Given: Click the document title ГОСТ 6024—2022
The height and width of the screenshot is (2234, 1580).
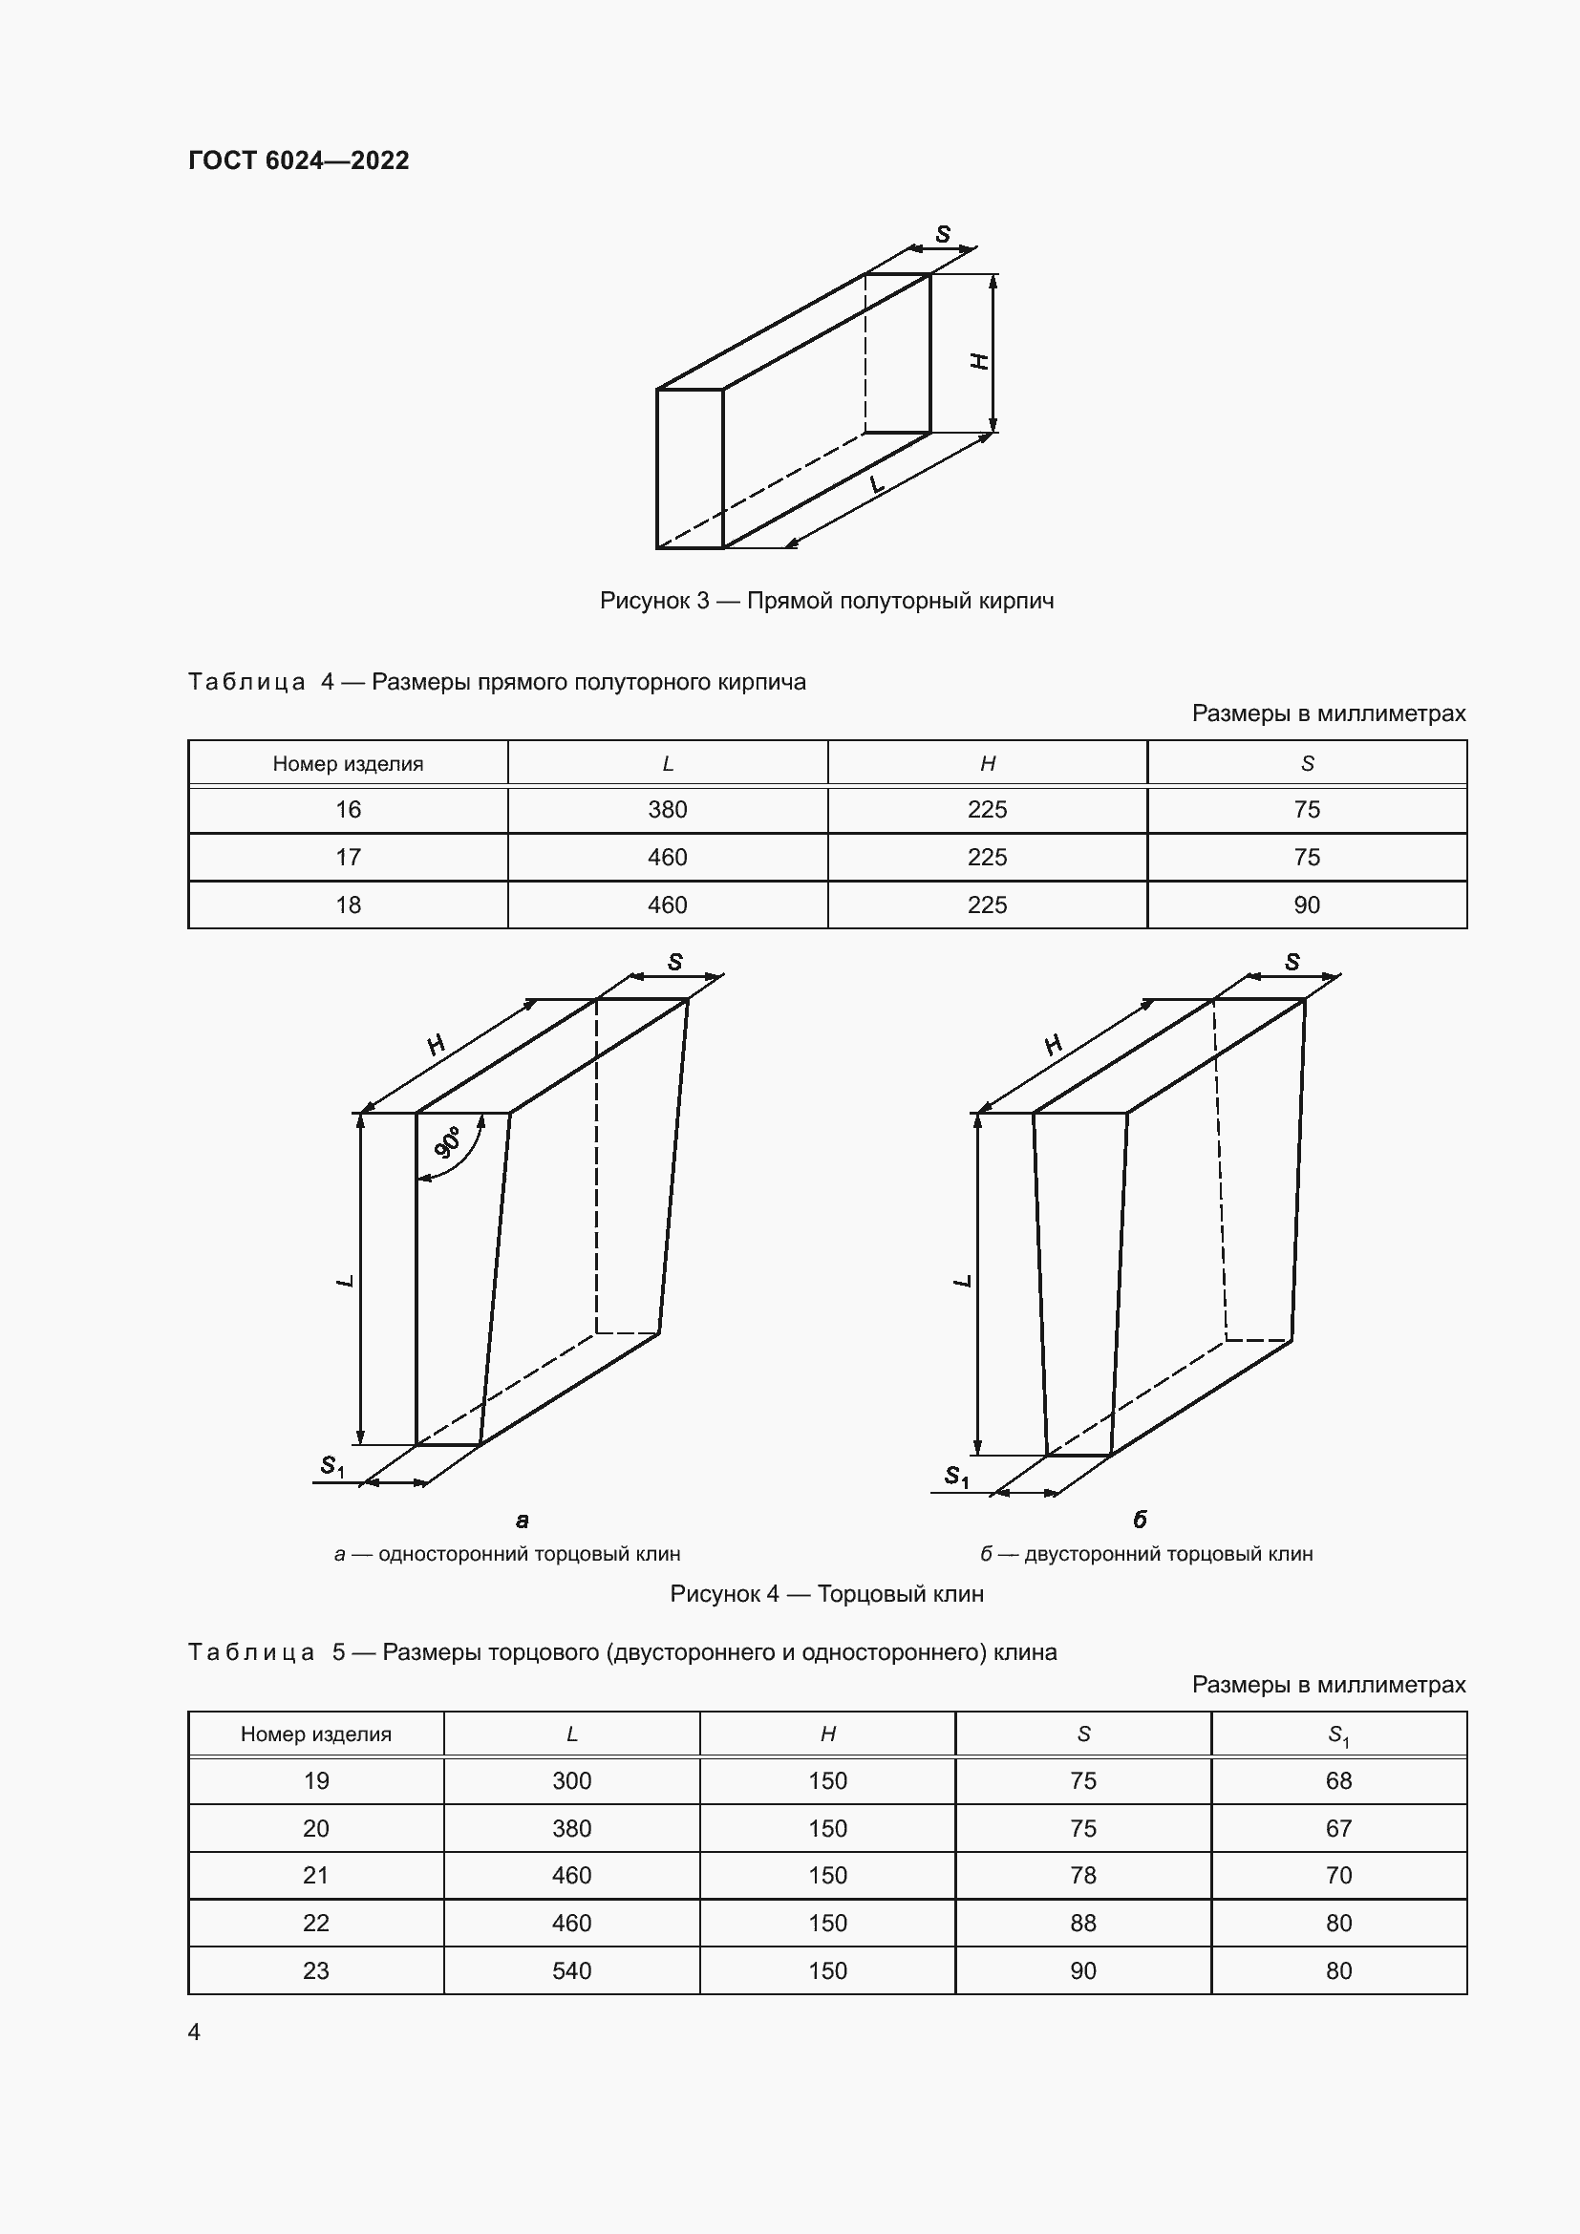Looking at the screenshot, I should [299, 160].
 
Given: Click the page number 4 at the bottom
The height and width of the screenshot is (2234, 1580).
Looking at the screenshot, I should [195, 2032].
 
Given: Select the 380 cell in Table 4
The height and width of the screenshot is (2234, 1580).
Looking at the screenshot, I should [668, 810].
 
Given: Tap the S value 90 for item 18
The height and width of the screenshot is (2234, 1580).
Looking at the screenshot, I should [1307, 904].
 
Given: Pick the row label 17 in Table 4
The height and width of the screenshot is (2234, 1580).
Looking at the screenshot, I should [349, 857].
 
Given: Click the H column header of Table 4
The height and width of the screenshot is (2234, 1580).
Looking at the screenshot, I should [988, 764].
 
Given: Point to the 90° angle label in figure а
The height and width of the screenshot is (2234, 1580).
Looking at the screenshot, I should [450, 1142].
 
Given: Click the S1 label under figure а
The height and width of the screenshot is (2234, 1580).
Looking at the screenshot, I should [331, 1465].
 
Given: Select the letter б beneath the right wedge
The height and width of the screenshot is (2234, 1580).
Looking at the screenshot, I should [1141, 1519].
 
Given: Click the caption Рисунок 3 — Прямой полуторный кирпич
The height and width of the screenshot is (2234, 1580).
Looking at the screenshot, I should [827, 601].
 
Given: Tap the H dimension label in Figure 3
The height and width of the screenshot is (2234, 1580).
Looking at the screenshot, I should [980, 361].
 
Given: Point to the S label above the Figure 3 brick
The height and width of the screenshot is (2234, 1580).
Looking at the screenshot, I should [943, 235].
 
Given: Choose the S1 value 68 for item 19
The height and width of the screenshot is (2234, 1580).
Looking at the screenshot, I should [1338, 1780].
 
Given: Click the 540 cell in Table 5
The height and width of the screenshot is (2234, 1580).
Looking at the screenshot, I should [572, 1970].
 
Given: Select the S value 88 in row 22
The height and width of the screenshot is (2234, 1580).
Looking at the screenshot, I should [1083, 1923].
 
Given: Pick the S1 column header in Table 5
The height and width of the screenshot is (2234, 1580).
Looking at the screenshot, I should [1338, 1734].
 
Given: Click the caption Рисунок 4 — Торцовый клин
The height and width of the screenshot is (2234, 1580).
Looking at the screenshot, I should [827, 1594].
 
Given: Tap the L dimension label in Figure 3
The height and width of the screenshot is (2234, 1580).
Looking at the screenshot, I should [877, 483].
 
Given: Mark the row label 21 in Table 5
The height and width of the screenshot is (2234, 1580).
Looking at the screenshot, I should [316, 1875].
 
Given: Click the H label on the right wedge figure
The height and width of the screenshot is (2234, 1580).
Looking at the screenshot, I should [1053, 1045].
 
